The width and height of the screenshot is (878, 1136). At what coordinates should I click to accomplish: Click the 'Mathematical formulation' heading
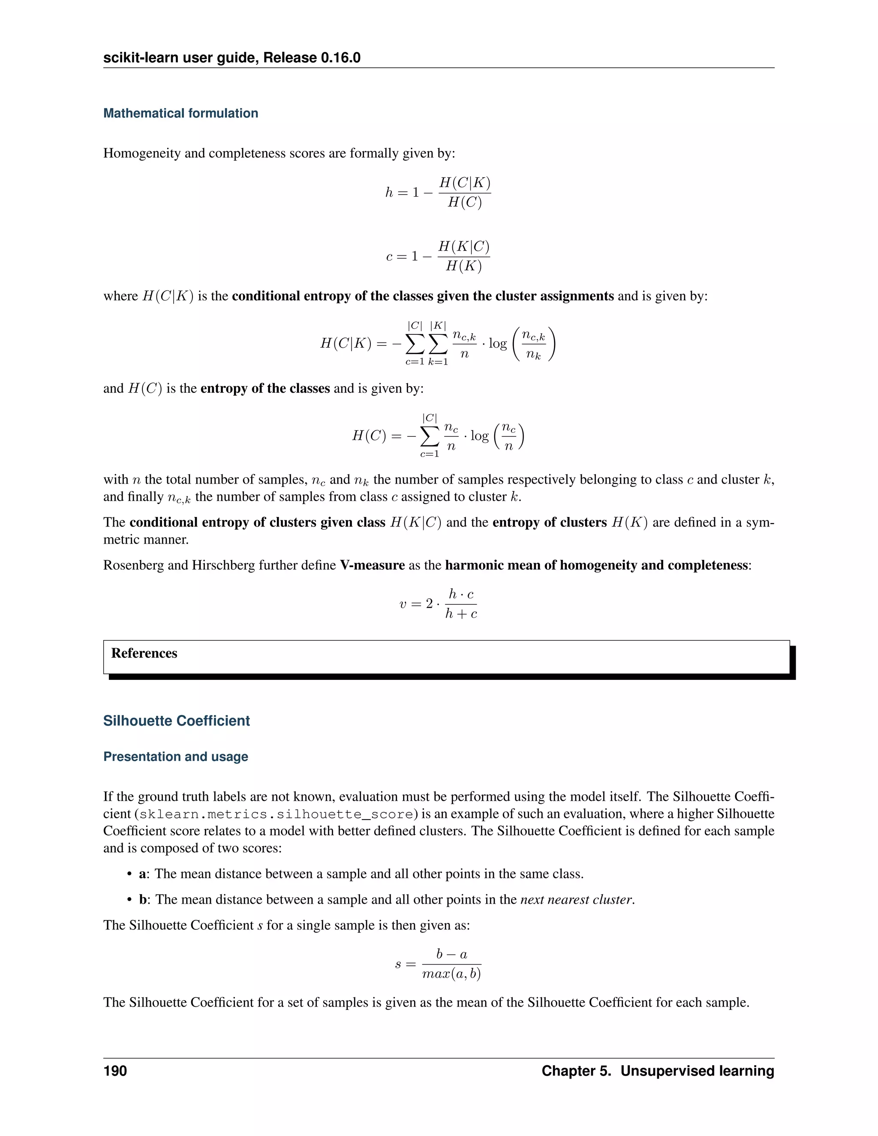180,114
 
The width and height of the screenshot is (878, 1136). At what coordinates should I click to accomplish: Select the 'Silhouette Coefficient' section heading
176,721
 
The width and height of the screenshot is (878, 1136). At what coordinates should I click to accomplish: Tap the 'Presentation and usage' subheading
175,756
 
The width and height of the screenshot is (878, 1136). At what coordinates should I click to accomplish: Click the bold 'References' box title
144,653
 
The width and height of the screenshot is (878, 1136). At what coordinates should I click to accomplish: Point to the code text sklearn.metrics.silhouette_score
276,814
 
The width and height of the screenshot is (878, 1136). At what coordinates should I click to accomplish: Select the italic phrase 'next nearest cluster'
576,899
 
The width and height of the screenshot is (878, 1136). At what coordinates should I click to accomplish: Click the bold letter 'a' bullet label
142,874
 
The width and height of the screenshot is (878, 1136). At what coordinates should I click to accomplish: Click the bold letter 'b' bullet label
142,899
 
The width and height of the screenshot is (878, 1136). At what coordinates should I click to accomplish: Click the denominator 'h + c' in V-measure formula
461,614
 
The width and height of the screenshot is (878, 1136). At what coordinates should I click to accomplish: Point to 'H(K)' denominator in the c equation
463,266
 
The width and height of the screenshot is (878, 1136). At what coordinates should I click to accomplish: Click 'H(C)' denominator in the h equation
464,202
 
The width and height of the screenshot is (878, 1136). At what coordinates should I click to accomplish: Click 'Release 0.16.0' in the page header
312,58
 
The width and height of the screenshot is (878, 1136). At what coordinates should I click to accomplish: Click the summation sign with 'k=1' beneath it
438,343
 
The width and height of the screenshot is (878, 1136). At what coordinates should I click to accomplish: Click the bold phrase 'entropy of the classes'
265,388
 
